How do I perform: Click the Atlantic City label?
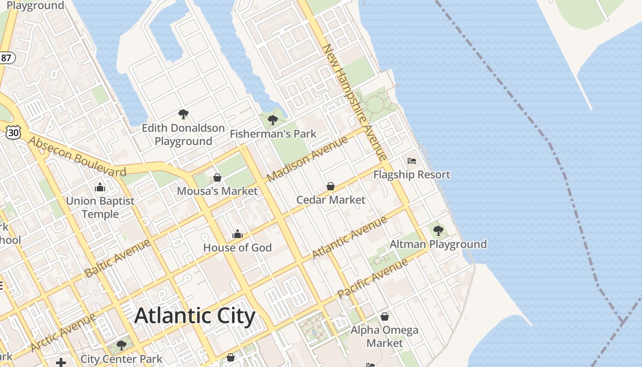pos(195,316)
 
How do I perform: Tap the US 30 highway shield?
pos(13,132)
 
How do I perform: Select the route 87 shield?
pos(6,58)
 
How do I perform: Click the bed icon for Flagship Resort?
pos(412,161)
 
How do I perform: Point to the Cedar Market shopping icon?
pos(331,186)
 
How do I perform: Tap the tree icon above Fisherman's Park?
pos(273,120)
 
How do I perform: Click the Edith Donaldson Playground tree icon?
pos(183,114)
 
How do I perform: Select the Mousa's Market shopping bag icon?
pos(217,177)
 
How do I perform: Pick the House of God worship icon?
pos(238,234)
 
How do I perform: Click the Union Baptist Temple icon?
pos(100,187)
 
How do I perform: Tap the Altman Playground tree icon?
pos(438,230)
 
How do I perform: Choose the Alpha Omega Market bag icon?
pos(385,317)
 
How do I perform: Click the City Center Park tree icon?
pos(122,345)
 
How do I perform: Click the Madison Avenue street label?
pos(307,159)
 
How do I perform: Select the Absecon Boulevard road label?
pos(77,156)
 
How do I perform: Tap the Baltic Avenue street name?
pos(117,258)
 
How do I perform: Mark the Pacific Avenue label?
pos(372,278)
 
